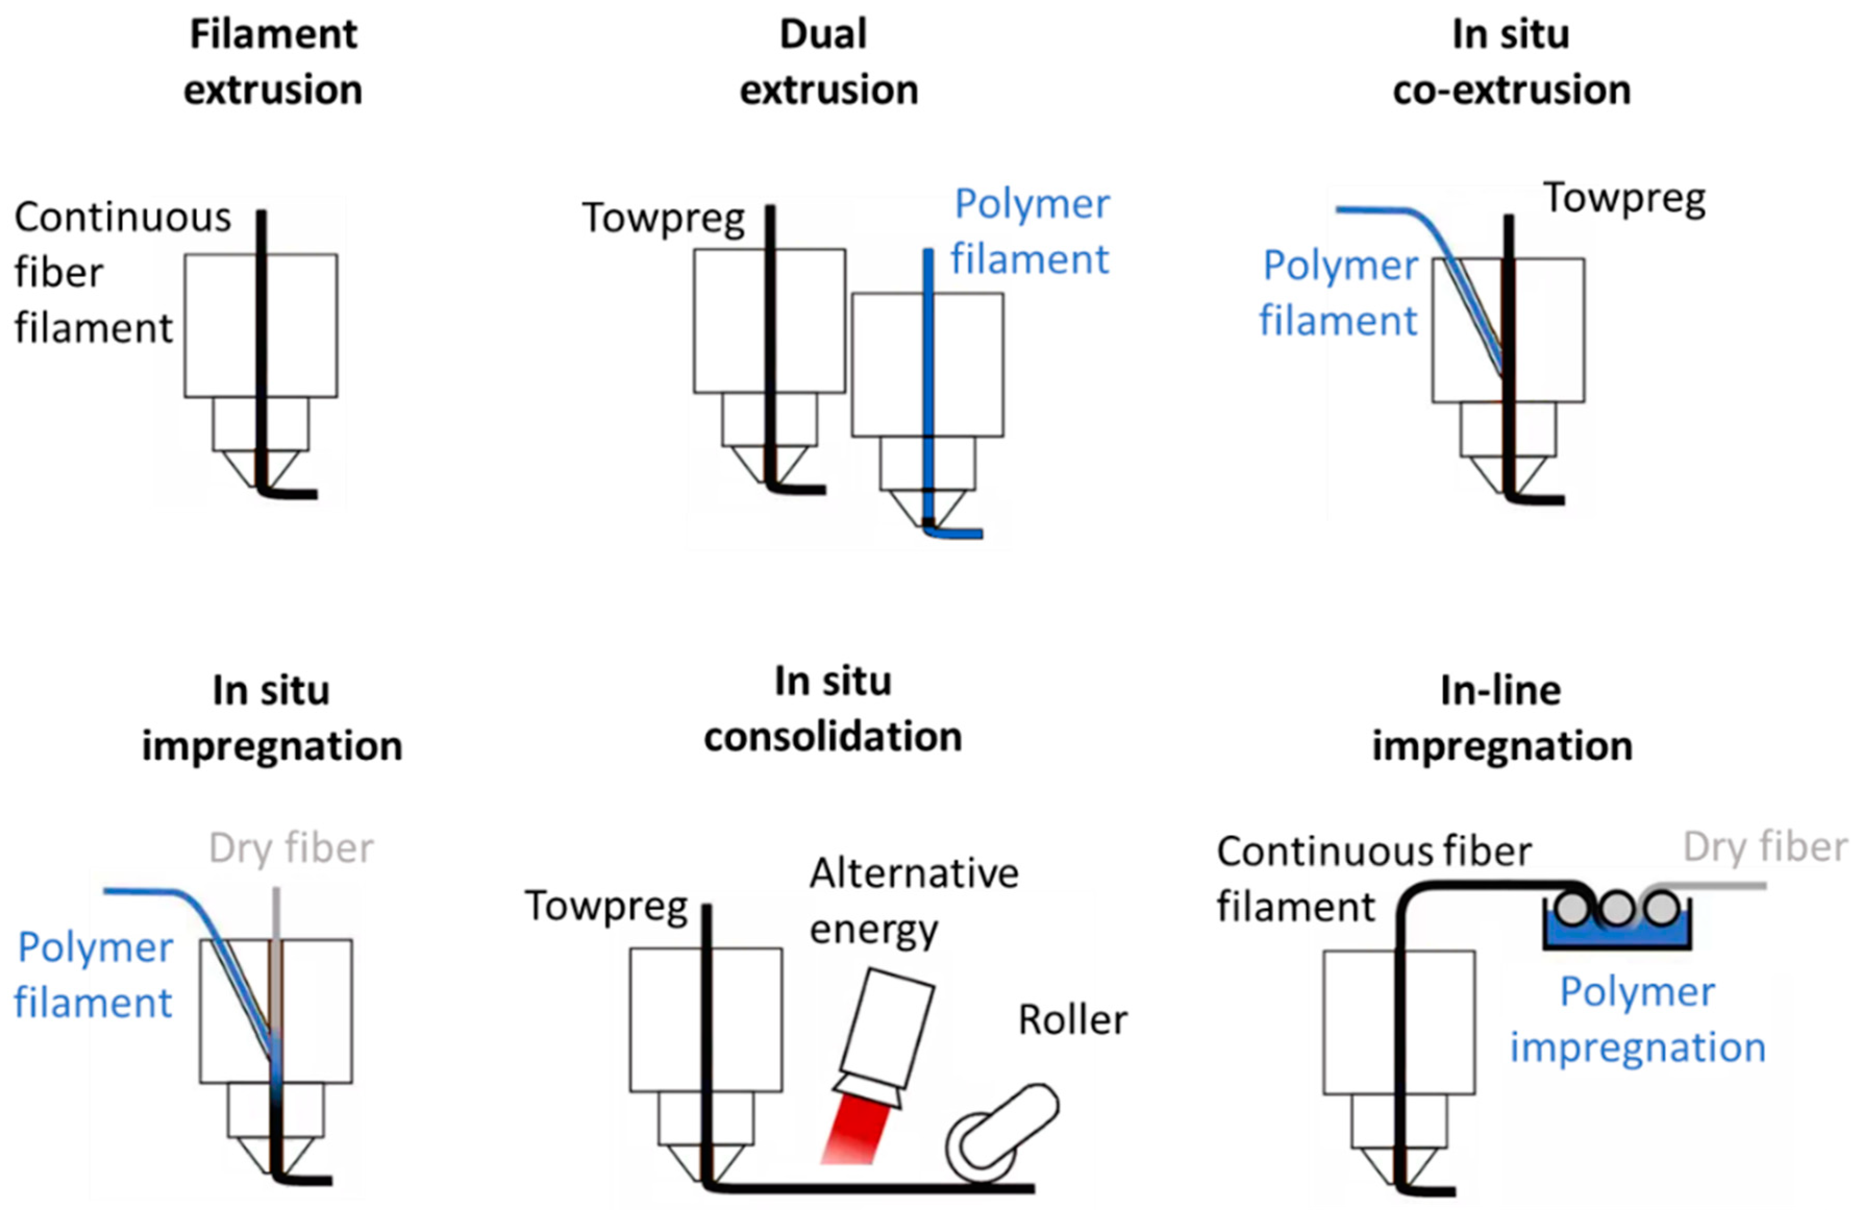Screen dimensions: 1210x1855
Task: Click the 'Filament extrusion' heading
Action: pos(273,63)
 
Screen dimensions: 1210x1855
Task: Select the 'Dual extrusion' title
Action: pos(828,63)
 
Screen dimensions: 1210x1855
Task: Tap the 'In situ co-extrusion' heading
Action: pos(1511,63)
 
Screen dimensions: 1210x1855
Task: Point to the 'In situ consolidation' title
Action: pos(832,709)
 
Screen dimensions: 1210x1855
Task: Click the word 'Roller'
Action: pos(1073,1020)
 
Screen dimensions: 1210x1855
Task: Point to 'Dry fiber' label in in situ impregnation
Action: pos(292,848)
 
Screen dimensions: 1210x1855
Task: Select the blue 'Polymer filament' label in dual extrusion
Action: pos(1030,231)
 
